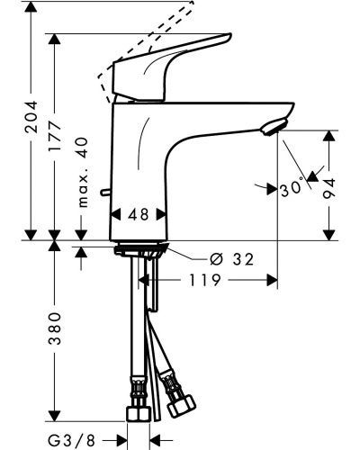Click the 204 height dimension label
31,117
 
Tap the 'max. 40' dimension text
83,173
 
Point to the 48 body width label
139,214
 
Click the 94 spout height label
329,188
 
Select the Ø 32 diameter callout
232,259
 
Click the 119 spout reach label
205,280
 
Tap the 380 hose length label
55,328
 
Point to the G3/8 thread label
71,441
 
